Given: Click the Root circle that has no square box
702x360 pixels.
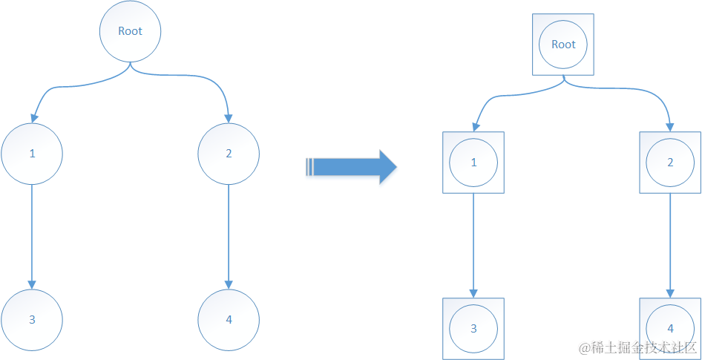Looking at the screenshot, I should [131, 31].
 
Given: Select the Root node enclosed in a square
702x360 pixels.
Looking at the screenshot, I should [563, 45].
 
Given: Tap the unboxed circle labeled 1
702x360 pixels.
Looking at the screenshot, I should [32, 154].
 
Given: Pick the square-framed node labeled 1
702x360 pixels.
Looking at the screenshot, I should [473, 163].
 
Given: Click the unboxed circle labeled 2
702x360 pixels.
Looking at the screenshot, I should [229, 154].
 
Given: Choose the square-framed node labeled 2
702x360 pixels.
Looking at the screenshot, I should [671, 163].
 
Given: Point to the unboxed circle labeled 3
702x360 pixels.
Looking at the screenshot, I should [32, 320].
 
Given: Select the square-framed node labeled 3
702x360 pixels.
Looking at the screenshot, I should [473, 328].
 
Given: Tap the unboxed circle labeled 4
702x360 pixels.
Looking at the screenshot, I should [229, 320].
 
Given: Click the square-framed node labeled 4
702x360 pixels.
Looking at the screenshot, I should [671, 328].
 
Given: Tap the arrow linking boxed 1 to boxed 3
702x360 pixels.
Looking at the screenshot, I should [473, 245].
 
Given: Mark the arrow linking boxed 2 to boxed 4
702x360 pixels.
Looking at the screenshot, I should [671, 245].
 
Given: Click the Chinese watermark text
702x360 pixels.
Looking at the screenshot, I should [638, 347].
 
